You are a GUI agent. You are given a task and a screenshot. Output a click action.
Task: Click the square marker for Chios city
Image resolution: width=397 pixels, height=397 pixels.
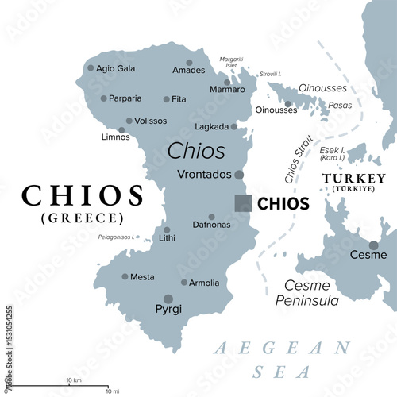click(x=243, y=202)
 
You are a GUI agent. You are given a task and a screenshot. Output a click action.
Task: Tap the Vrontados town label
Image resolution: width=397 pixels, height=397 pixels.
click(x=205, y=174)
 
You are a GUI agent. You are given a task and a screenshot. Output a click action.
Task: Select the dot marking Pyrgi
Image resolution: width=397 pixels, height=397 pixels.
click(x=168, y=299)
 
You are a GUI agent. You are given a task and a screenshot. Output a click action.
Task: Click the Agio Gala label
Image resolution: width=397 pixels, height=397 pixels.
click(x=116, y=68)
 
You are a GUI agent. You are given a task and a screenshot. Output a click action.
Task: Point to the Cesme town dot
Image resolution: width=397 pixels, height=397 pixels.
click(x=373, y=245)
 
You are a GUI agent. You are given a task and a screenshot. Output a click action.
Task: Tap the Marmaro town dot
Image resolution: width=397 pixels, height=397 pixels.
click(x=227, y=82)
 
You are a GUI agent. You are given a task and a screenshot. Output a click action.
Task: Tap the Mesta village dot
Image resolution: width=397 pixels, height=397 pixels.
click(x=125, y=276)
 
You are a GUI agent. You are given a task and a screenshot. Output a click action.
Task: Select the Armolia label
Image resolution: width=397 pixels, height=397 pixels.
click(x=204, y=283)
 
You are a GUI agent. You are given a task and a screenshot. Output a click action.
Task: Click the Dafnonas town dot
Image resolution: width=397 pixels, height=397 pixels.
click(x=211, y=216)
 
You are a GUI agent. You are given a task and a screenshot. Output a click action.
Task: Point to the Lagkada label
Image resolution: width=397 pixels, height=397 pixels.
click(x=211, y=127)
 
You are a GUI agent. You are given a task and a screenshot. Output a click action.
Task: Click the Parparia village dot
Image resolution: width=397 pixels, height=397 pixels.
click(x=103, y=98)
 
